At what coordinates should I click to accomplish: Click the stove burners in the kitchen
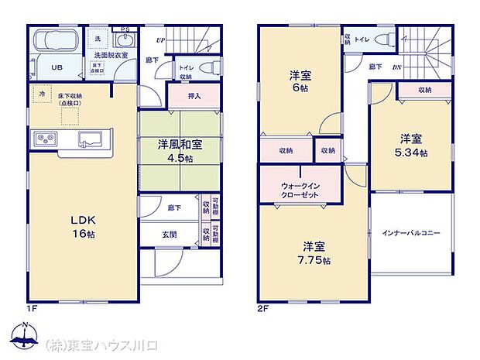click(x=43, y=139)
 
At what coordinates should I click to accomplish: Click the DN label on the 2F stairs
click(x=397, y=67)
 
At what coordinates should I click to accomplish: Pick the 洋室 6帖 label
click(x=301, y=81)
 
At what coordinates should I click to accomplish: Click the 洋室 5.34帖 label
click(x=411, y=146)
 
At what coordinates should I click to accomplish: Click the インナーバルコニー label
click(x=410, y=232)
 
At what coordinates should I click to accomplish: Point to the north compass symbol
click(x=26, y=337)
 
